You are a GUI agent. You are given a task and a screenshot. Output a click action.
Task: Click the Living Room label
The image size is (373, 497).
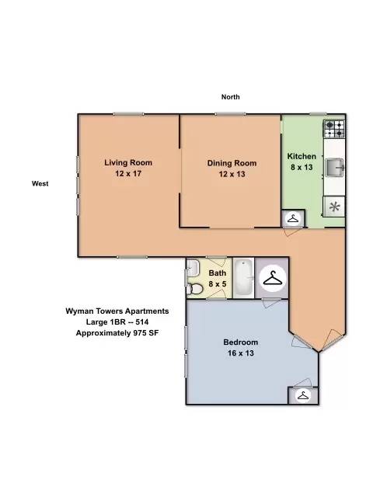point(128,162)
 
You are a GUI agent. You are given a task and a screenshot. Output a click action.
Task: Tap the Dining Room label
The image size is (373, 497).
point(232,163)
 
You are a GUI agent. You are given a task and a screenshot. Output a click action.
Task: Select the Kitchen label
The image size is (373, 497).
point(302,156)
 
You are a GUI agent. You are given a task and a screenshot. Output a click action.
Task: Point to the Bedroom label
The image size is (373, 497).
point(240,342)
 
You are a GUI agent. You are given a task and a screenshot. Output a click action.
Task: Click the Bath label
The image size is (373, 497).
point(218,273)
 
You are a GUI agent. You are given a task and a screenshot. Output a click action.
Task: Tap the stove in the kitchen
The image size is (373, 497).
point(334,129)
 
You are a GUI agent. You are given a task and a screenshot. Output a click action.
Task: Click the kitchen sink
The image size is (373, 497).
point(335,168)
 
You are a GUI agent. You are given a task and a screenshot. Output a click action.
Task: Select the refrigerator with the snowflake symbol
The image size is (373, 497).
point(334,207)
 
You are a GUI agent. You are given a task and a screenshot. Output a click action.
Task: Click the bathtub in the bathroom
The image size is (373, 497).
point(244,278)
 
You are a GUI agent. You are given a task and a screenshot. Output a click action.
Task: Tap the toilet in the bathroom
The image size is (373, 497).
point(195,289)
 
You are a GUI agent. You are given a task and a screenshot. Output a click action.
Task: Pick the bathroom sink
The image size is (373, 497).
point(193,268)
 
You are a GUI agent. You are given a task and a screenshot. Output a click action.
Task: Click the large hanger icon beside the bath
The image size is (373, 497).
point(273,278)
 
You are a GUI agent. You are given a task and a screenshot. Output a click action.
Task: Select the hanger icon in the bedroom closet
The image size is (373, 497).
point(303,395)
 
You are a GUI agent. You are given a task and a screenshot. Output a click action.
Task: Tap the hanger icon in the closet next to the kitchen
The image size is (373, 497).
point(294,218)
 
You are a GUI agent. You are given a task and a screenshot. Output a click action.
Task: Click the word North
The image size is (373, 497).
point(231,97)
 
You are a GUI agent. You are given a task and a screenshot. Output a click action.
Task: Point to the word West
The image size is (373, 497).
point(40,183)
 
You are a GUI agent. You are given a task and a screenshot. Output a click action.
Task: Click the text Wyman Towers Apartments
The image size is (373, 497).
point(117,311)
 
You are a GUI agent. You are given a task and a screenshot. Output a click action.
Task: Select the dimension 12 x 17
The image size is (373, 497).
point(128,174)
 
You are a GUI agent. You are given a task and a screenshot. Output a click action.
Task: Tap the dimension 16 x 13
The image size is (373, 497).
point(241,353)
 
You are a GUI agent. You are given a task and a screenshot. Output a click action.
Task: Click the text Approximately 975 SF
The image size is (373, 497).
point(117,333)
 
